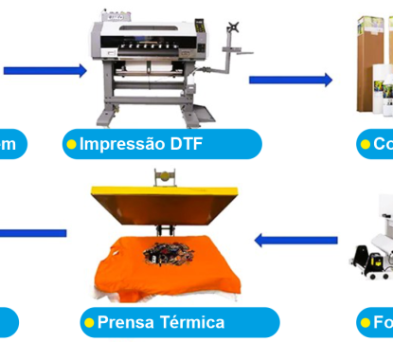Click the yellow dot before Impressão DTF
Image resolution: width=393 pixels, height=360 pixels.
pyautogui.click(x=70, y=144)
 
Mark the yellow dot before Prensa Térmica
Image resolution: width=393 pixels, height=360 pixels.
pyautogui.click(x=90, y=323)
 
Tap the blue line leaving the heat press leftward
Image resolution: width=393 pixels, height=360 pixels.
pyautogui.click(x=33, y=232)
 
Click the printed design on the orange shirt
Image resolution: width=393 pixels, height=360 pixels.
pyautogui.click(x=167, y=251)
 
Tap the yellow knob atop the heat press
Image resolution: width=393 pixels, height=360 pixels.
pyautogui.click(x=164, y=175)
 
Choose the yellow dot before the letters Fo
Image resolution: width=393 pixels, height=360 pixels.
pyautogui.click(x=365, y=323)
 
